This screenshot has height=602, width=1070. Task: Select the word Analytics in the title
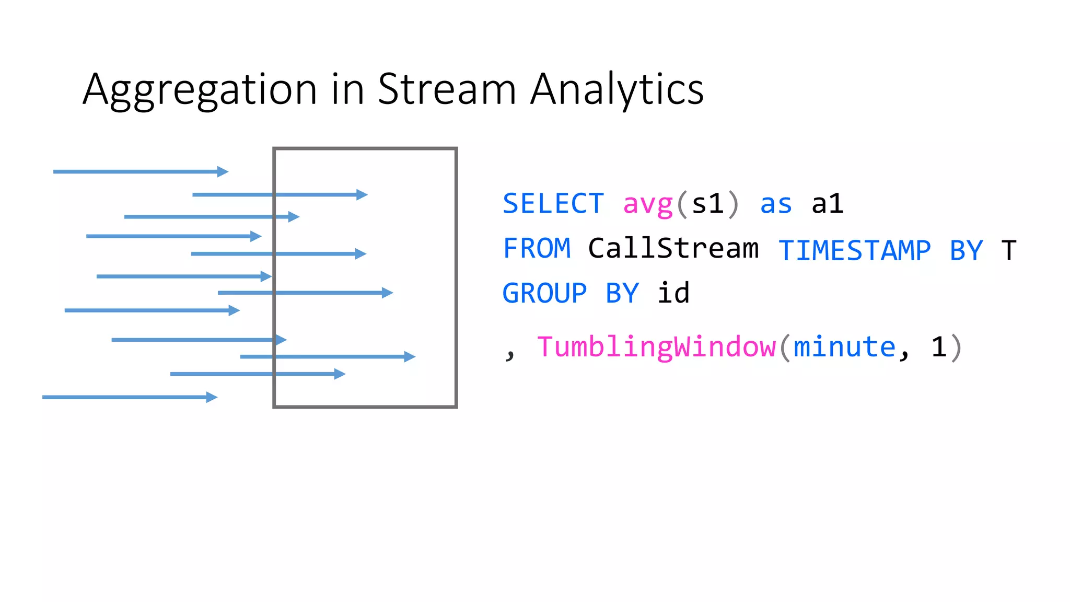617,90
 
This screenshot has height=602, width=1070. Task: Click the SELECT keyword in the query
553,204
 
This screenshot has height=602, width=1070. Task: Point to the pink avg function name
648,205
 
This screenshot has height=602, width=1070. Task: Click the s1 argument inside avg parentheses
708,204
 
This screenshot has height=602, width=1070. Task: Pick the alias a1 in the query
828,204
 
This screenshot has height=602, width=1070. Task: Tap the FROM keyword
537,249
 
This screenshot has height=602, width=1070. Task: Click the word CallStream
673,249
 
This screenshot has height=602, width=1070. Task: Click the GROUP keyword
544,294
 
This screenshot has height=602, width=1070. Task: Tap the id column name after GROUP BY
673,293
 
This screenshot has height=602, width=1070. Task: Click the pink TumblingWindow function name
656,348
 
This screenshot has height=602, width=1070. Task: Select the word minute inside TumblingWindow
844,348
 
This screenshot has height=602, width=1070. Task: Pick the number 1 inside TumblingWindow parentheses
939,348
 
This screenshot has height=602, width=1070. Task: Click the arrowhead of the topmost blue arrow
223,171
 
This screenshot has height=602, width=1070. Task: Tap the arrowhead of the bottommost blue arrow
212,397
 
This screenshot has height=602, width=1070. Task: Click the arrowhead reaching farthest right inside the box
410,357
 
